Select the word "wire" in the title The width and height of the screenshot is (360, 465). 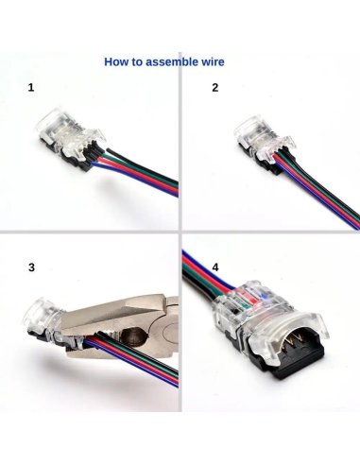pos(214,63)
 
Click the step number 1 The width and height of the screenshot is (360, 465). pos(31,88)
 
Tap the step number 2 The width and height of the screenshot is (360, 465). pos(215,88)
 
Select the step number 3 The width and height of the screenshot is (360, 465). pos(31,267)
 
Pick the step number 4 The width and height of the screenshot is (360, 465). pos(215,267)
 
